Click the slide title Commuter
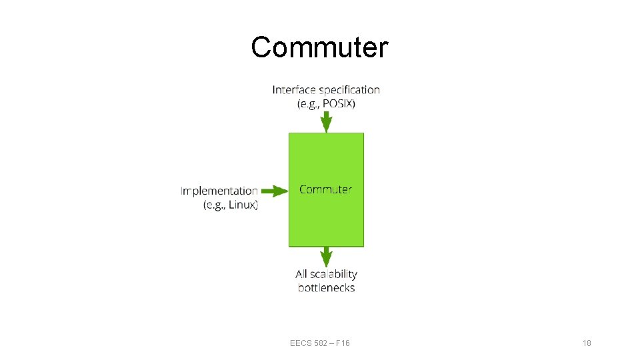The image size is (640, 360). click(x=319, y=47)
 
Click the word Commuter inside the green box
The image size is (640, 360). click(x=325, y=189)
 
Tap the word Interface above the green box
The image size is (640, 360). click(x=294, y=89)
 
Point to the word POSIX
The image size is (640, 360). click(x=339, y=103)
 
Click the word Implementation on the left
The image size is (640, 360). click(x=219, y=191)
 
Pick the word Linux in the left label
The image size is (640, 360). click(x=242, y=205)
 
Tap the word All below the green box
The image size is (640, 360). click(x=302, y=274)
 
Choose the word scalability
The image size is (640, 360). click(x=334, y=274)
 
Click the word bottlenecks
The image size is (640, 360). click(x=326, y=288)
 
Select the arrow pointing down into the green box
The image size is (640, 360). click(x=326, y=122)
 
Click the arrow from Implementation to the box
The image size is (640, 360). click(x=273, y=191)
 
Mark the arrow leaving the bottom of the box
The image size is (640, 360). click(x=326, y=257)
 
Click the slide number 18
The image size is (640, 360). click(x=587, y=343)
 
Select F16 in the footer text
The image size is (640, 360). click(x=343, y=343)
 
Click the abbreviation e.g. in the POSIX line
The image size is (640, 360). click(x=309, y=103)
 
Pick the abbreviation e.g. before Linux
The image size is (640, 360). click(x=215, y=205)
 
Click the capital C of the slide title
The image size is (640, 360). click(x=261, y=47)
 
